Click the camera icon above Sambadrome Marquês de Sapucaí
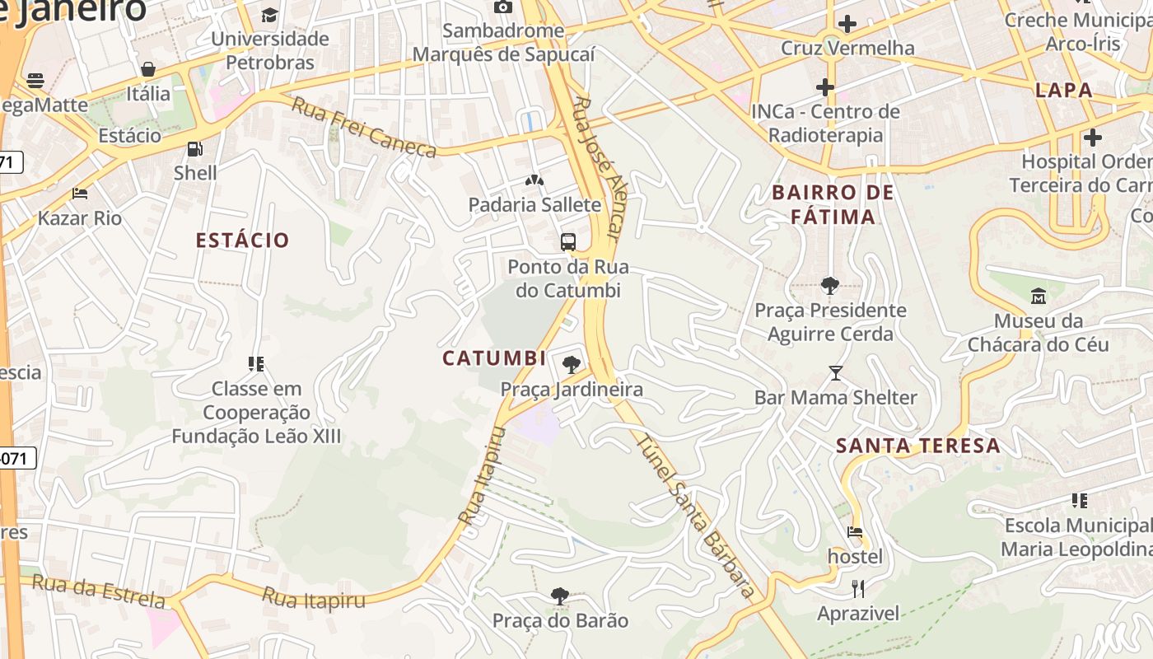click(x=502, y=7)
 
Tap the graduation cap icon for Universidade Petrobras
click(x=269, y=15)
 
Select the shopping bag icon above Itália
click(x=148, y=69)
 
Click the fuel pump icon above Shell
click(x=195, y=149)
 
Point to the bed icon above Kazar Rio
click(x=80, y=194)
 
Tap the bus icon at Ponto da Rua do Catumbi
click(x=568, y=242)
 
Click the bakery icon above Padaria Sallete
click(x=534, y=180)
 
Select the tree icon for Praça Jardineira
click(x=571, y=364)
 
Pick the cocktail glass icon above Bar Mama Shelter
click(x=836, y=373)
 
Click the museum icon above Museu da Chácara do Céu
click(x=1039, y=296)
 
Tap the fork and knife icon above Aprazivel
click(x=858, y=588)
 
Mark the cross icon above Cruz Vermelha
click(x=847, y=23)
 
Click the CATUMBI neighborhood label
click(x=494, y=358)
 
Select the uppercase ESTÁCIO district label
click(x=242, y=241)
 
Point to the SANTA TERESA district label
click(x=918, y=446)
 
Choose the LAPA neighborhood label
click(x=1064, y=91)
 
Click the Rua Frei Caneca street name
click(x=364, y=129)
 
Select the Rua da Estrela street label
click(x=98, y=590)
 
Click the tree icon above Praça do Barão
click(x=560, y=596)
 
